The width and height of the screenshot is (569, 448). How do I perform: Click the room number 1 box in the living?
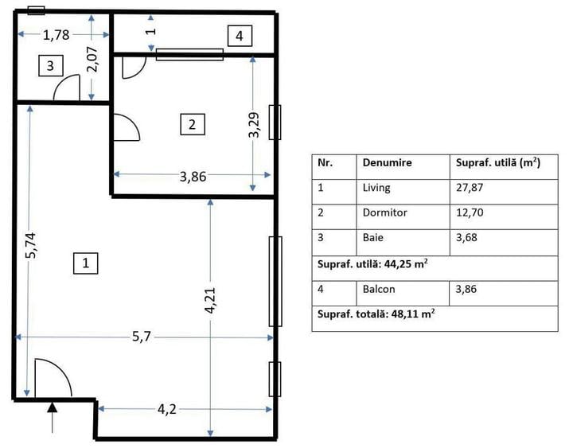pos(85,263)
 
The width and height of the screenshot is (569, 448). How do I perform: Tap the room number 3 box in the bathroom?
pos(49,66)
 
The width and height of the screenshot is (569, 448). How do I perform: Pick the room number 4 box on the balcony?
pos(240,35)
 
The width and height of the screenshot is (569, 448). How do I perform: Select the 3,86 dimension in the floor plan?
pos(193,177)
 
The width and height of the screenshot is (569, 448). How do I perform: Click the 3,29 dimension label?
pos(254,123)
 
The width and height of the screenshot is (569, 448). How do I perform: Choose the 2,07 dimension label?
pos(93,60)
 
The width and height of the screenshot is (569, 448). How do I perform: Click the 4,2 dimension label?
pos(166,410)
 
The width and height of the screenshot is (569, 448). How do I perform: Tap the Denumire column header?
pos(388,162)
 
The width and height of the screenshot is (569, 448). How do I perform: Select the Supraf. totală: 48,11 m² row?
pos(376,314)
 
